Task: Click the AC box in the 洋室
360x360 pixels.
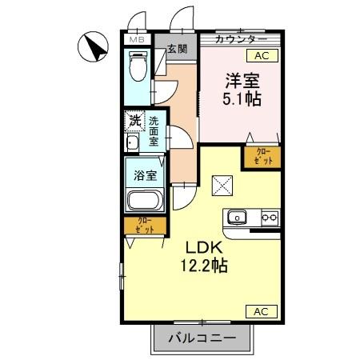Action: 262,56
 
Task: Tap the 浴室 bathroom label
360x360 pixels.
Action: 144,172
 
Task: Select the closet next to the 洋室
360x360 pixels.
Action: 262,156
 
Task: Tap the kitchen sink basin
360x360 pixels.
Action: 238,217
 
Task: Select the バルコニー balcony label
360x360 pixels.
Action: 202,338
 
